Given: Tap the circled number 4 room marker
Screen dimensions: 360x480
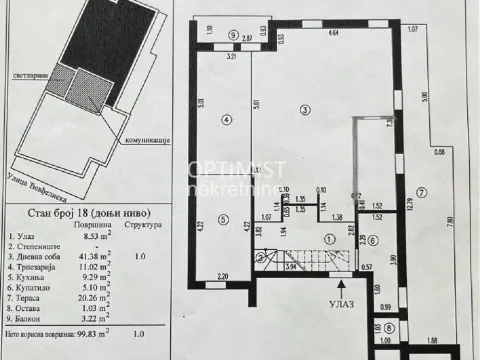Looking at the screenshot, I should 226,120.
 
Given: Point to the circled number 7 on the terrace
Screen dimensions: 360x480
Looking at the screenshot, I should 423,190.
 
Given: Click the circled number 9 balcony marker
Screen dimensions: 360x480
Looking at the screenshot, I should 234,34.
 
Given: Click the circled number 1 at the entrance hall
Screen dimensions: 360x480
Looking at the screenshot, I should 329,238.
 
